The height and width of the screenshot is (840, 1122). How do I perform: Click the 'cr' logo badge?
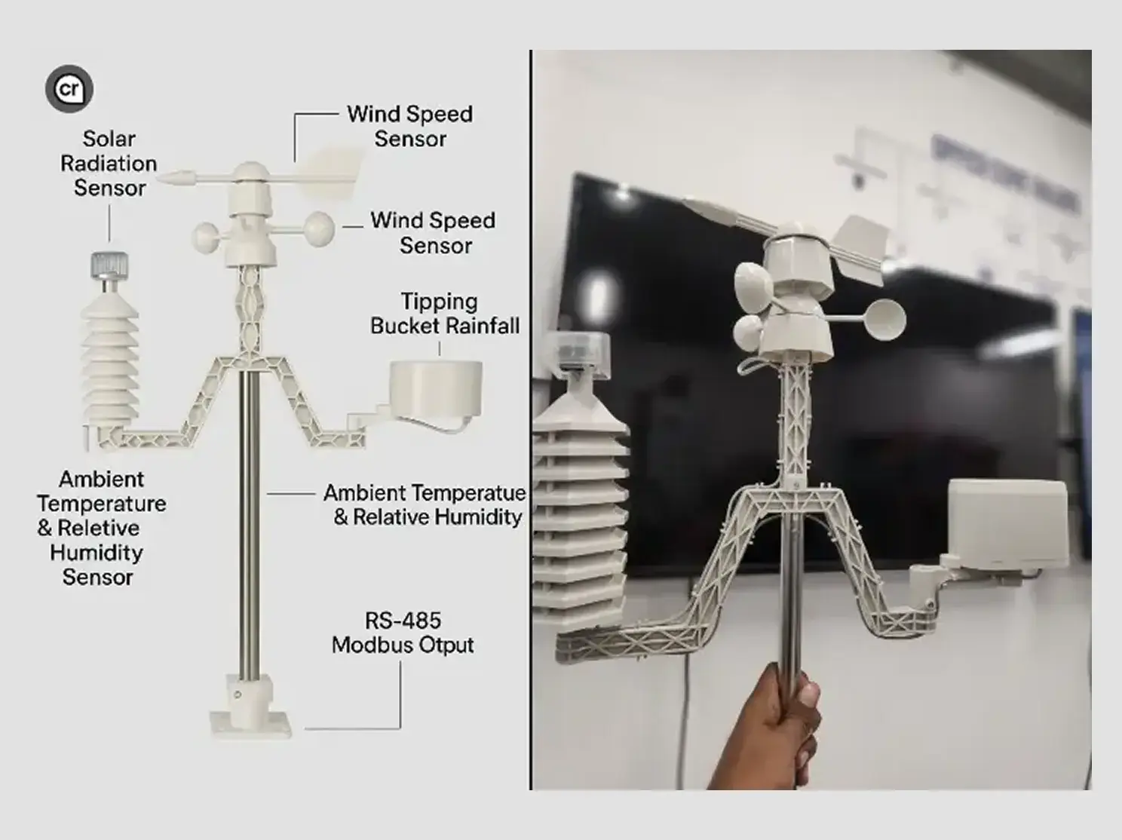point(69,89)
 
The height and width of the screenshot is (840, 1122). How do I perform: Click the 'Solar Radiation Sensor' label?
point(109,163)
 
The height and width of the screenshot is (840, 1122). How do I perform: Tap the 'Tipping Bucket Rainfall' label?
point(444,313)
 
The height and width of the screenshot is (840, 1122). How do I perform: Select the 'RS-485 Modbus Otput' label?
point(403,633)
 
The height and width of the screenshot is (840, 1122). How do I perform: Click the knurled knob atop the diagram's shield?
point(109,265)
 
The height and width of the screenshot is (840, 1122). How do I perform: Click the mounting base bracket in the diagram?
point(250,710)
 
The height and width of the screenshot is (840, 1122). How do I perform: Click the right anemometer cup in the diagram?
point(318,228)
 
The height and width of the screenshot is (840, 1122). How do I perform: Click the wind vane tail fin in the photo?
point(857,250)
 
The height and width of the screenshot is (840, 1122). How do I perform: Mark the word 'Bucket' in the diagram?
point(406,326)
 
